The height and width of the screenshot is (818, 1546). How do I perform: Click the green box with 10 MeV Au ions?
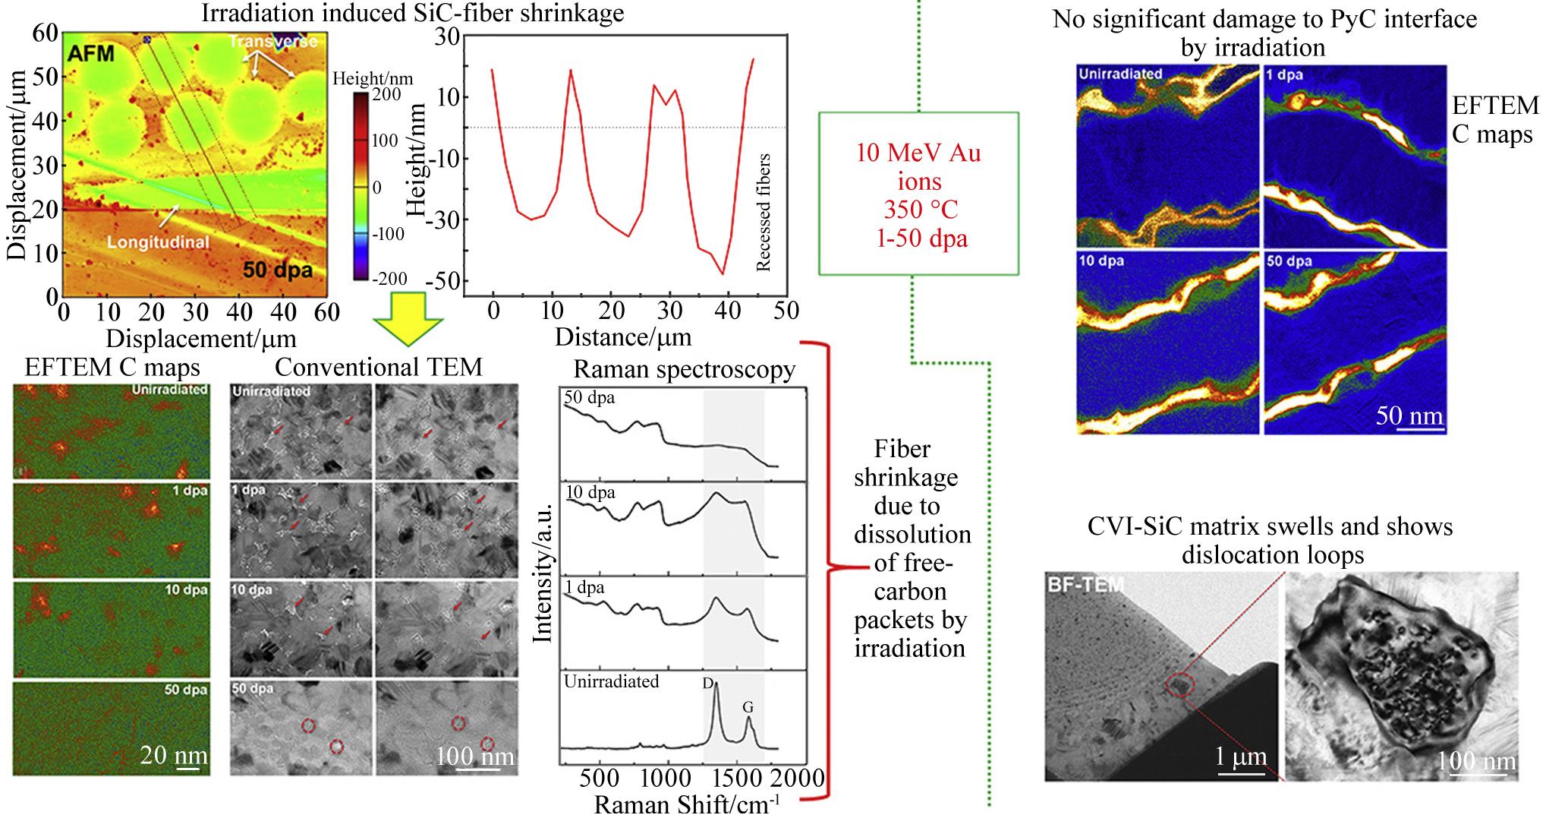pyautogui.click(x=918, y=193)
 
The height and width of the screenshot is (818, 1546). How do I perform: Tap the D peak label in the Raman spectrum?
pyautogui.click(x=708, y=684)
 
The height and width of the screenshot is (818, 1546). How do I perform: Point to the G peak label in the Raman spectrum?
pyautogui.click(x=748, y=707)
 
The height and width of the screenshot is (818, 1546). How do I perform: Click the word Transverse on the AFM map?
pyautogui.click(x=275, y=41)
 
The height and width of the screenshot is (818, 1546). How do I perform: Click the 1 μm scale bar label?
pyautogui.click(x=1240, y=756)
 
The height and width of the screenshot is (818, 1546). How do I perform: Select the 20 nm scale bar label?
pyautogui.click(x=174, y=756)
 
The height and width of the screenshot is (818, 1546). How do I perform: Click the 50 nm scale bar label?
pyautogui.click(x=1409, y=415)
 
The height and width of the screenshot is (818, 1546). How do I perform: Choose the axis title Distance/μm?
pyautogui.click(x=623, y=335)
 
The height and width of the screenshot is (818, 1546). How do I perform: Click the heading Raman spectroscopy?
pyautogui.click(x=684, y=369)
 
